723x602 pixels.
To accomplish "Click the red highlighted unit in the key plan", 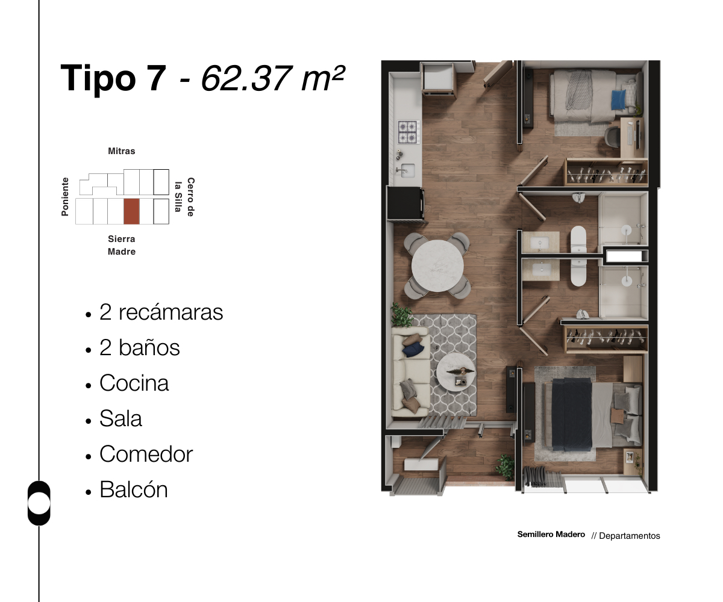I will coord(131,211).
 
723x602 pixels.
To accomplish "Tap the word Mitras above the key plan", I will coord(122,151).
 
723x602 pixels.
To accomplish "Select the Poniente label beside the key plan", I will coord(65,196).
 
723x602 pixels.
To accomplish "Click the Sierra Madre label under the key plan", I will coord(122,245).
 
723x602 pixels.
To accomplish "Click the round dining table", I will coord(437,265).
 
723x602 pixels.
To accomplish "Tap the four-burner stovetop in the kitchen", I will coord(408,131).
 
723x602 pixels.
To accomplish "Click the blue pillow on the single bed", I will coord(619,98).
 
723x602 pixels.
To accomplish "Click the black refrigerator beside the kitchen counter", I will coord(405,203).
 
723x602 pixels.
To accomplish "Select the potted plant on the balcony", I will coord(505,467).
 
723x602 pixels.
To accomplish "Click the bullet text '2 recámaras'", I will coord(161,312).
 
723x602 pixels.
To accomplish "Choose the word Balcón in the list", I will coord(134,489).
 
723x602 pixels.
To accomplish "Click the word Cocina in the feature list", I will coord(134,383).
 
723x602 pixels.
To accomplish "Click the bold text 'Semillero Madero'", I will coord(551,535).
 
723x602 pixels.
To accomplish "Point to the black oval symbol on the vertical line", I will coord(39,503).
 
